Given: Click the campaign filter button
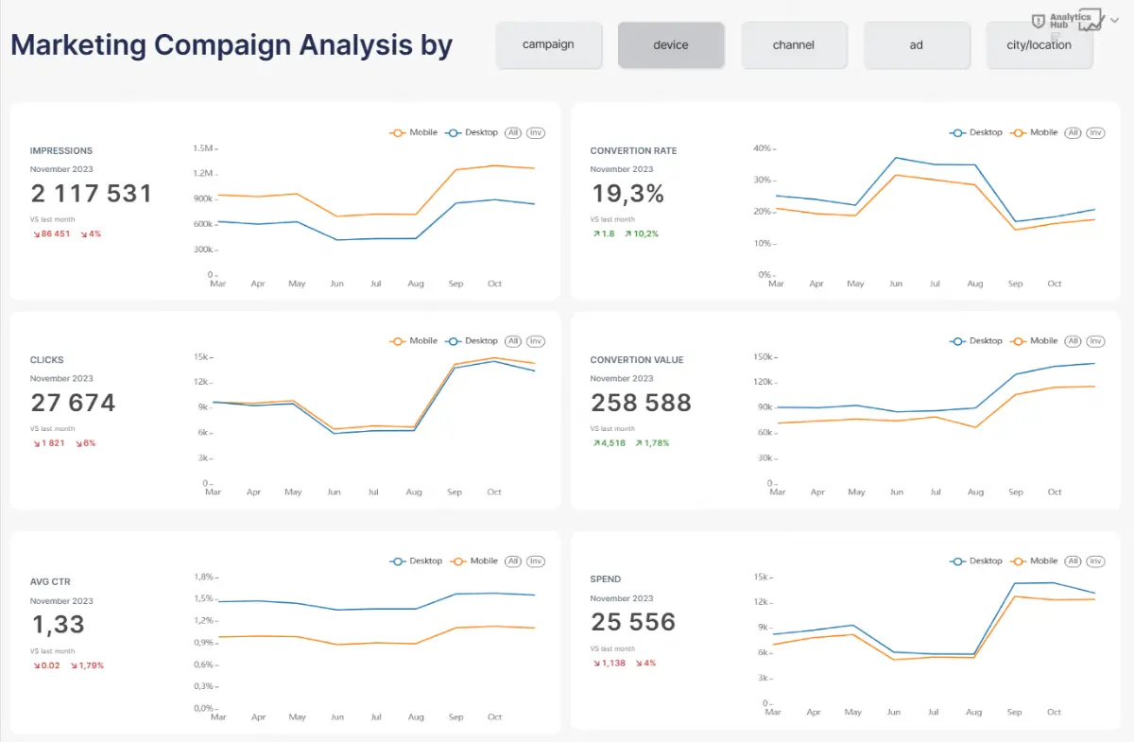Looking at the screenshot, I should [x=548, y=44].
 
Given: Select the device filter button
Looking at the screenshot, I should [x=671, y=44].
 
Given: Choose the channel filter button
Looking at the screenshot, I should [x=794, y=44].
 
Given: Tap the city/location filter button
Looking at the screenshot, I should [x=1039, y=44].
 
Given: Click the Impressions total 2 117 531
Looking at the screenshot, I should [x=92, y=194].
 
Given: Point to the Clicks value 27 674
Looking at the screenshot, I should [x=73, y=403].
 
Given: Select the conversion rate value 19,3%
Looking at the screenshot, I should [x=628, y=194].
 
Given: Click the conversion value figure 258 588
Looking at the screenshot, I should [x=642, y=403].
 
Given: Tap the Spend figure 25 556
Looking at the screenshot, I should [x=633, y=622].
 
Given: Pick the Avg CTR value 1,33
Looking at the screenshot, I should [x=58, y=625].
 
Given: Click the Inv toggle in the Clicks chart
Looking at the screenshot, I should [x=536, y=341].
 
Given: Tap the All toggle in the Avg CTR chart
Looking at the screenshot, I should [x=513, y=561].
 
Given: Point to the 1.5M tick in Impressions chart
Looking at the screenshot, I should [x=203, y=148].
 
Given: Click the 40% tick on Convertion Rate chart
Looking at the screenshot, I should [x=763, y=148].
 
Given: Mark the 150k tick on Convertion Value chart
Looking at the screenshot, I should [x=763, y=357].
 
